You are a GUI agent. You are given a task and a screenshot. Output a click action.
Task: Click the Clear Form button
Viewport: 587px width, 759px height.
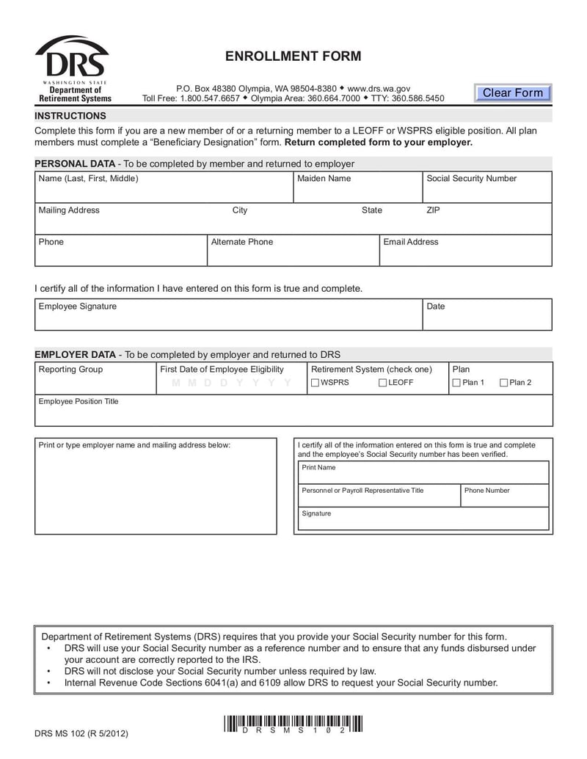click(512, 93)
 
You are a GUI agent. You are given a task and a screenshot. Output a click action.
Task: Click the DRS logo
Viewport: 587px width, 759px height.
click(73, 68)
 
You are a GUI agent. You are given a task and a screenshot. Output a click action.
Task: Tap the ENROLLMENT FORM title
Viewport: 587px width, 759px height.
click(293, 56)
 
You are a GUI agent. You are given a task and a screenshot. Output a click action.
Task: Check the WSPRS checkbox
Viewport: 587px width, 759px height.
click(315, 383)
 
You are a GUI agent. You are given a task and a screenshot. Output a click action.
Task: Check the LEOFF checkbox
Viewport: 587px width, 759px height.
click(383, 383)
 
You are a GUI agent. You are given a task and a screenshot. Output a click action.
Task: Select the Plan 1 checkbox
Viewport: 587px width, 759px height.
click(456, 383)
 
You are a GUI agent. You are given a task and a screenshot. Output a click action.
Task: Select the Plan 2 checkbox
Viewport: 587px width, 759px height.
click(504, 383)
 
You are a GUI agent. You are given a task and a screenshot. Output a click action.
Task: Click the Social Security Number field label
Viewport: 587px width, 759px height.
click(471, 179)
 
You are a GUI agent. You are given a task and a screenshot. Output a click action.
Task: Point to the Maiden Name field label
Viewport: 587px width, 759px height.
click(324, 179)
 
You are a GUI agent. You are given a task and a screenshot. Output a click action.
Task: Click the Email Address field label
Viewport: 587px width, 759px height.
click(410, 242)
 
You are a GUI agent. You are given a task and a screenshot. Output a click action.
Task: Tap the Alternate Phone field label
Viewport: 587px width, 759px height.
click(241, 242)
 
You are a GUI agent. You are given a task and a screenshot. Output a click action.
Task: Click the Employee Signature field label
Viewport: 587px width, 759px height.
click(77, 307)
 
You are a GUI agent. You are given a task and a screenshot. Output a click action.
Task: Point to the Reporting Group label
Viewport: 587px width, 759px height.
click(70, 370)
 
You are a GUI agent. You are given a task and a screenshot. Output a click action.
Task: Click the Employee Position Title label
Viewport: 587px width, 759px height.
click(78, 402)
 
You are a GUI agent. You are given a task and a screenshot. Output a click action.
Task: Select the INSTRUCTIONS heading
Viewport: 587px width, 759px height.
click(70, 116)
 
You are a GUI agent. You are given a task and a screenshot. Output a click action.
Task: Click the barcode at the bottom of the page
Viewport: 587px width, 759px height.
click(293, 724)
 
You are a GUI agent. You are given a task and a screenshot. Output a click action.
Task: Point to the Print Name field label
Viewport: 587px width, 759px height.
click(318, 468)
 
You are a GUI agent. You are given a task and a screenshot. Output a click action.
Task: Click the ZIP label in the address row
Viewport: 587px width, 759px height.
click(433, 210)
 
